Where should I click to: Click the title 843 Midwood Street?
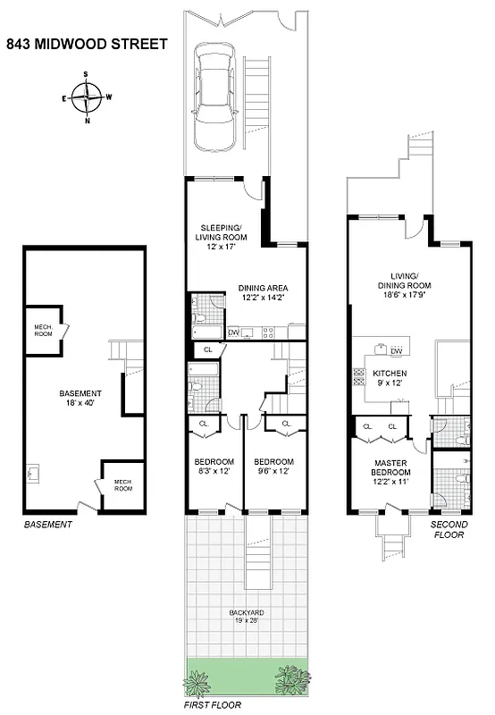click(87, 44)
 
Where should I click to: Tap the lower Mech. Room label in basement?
click(122, 485)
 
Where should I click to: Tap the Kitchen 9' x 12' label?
click(390, 378)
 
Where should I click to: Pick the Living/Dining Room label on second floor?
click(410, 282)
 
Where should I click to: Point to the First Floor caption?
click(213, 704)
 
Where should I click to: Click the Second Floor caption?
click(449, 530)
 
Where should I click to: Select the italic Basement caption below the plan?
click(46, 526)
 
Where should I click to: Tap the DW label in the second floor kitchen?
click(396, 351)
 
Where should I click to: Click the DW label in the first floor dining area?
click(233, 333)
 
